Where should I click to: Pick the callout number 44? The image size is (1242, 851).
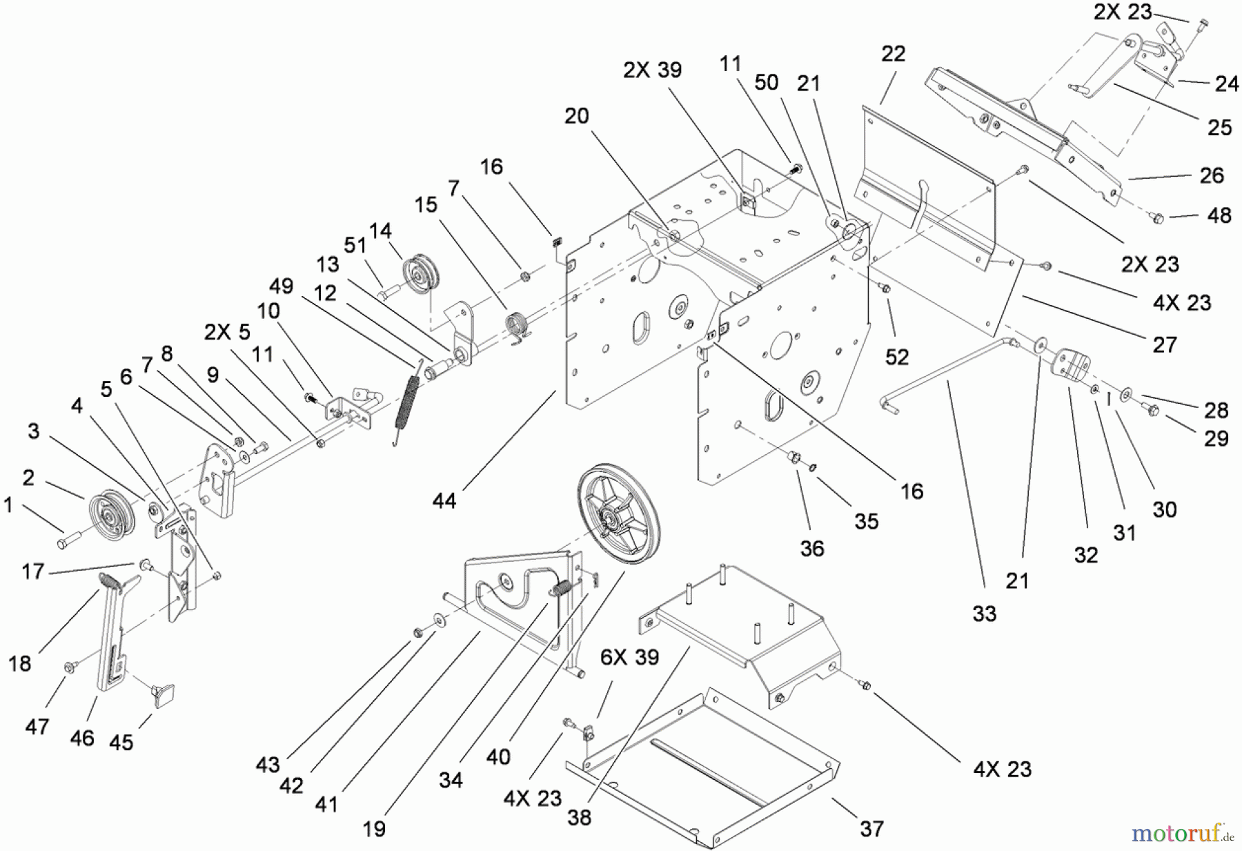point(444,500)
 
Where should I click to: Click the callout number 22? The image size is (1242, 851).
point(893,54)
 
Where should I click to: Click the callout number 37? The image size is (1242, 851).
point(871,828)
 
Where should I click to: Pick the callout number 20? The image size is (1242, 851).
point(577,115)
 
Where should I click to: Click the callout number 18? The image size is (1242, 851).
point(20,663)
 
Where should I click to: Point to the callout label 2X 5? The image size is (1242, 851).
point(227,331)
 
